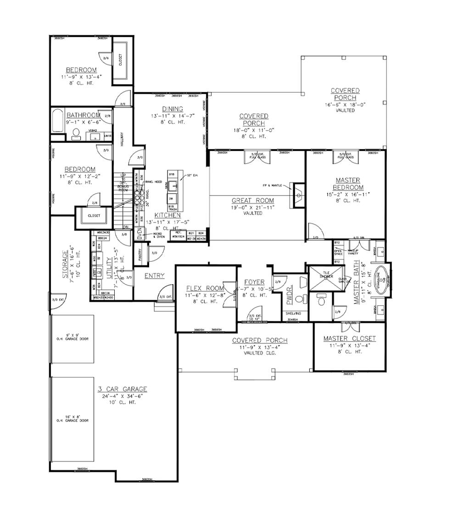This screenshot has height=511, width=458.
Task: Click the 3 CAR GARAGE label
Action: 122,389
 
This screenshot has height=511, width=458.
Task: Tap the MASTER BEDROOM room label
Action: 347,184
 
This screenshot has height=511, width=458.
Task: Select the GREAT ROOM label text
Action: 252,201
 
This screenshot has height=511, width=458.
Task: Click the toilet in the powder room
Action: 300,299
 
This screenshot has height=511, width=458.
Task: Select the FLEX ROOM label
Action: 205,288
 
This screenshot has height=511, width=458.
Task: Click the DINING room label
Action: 172,109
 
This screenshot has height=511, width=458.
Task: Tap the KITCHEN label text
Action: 168,215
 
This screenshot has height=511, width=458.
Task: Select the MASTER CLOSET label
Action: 349,338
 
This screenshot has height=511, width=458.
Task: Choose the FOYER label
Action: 254,282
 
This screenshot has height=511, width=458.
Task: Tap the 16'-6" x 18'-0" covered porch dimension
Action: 345,104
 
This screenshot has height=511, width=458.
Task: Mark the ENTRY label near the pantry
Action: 154,275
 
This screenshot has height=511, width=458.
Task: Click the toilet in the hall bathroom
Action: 76,134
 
